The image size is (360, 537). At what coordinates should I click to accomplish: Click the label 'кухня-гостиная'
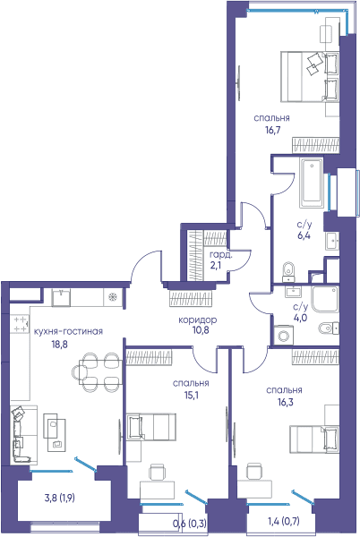(x=68, y=331)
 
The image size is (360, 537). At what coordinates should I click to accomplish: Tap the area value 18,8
(x=60, y=345)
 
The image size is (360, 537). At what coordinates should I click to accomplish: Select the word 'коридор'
(x=198, y=320)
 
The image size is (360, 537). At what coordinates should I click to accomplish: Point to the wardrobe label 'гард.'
(x=221, y=255)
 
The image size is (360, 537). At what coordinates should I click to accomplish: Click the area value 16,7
(x=272, y=130)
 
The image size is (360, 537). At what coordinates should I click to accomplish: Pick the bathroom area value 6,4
(x=304, y=235)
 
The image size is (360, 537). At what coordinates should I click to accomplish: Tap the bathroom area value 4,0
(x=300, y=318)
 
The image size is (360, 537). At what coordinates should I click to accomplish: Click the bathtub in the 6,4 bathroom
(x=312, y=183)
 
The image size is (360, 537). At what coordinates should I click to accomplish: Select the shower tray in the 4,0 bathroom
(x=325, y=299)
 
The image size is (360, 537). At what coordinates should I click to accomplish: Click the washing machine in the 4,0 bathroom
(x=284, y=334)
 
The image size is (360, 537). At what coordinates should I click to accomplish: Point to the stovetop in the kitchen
(x=21, y=324)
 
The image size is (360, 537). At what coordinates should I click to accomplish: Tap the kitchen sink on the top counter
(x=61, y=298)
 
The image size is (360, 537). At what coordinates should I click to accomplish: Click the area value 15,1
(x=192, y=396)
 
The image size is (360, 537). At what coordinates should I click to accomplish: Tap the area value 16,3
(x=286, y=403)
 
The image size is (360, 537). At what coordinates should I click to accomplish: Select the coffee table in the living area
(x=55, y=431)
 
